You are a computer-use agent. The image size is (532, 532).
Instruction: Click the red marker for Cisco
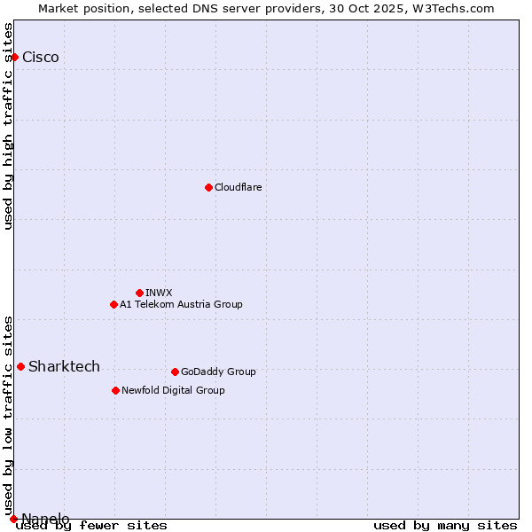[x=14, y=57]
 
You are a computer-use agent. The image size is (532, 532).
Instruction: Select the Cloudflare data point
[x=208, y=187]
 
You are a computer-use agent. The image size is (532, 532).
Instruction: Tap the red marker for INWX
[x=139, y=293]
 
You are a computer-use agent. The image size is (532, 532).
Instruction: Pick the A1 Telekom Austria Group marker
[x=113, y=304]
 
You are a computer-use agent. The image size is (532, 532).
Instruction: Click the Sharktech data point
[x=20, y=366]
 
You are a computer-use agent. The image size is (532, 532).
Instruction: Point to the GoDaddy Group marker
[x=175, y=372]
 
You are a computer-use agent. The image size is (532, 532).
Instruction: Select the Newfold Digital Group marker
[x=115, y=390]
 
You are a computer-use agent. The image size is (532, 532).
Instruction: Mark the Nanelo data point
[x=13, y=519]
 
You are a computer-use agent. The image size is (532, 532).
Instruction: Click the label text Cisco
[x=41, y=58]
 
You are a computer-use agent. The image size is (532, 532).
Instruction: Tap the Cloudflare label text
[x=238, y=187]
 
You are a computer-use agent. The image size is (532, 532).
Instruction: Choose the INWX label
[x=159, y=293]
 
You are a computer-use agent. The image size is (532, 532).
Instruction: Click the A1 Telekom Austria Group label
[x=181, y=304]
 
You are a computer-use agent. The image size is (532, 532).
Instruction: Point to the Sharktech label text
[x=64, y=367]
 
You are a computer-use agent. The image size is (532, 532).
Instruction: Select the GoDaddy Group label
[x=218, y=372]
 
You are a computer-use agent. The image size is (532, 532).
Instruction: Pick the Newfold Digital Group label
[x=173, y=390]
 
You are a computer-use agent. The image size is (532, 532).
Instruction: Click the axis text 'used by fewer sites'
[x=91, y=525]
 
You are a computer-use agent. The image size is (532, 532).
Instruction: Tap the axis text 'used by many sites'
[x=445, y=525]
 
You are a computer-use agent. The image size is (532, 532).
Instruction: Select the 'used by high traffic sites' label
[x=9, y=126]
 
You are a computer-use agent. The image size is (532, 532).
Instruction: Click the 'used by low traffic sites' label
[x=9, y=410]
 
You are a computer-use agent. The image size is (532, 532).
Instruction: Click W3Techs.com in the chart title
[x=450, y=8]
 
